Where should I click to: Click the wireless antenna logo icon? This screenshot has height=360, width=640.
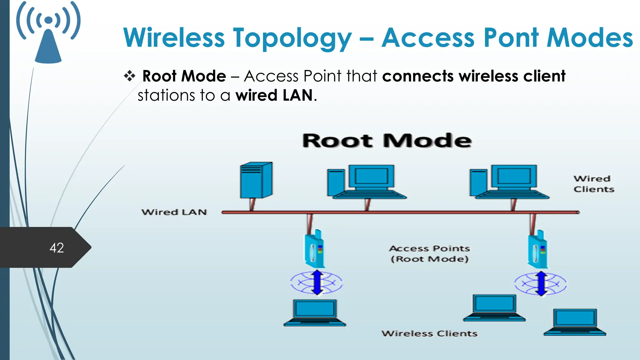(48, 33)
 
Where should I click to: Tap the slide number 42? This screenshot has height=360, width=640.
(57, 248)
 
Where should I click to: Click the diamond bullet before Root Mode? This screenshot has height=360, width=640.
(129, 76)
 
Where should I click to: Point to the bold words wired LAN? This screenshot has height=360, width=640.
(274, 95)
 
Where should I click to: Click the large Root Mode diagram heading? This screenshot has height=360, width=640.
(387, 141)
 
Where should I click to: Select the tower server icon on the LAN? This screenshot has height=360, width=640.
(256, 180)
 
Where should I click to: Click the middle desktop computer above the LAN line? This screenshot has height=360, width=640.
(366, 182)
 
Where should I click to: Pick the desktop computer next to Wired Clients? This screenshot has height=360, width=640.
(509, 182)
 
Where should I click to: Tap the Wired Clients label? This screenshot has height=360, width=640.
(593, 184)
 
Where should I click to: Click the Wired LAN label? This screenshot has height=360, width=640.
(174, 212)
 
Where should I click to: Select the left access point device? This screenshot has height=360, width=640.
(314, 249)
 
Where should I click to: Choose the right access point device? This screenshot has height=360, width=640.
(538, 249)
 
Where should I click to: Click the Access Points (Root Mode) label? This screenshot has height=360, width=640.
(429, 253)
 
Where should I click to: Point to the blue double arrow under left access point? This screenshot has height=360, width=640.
(317, 282)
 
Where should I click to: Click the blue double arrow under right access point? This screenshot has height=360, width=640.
(541, 283)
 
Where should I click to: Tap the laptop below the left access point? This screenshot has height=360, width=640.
(315, 313)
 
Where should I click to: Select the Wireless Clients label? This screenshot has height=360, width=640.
(429, 333)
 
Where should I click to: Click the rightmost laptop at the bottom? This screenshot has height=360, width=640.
(575, 322)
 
